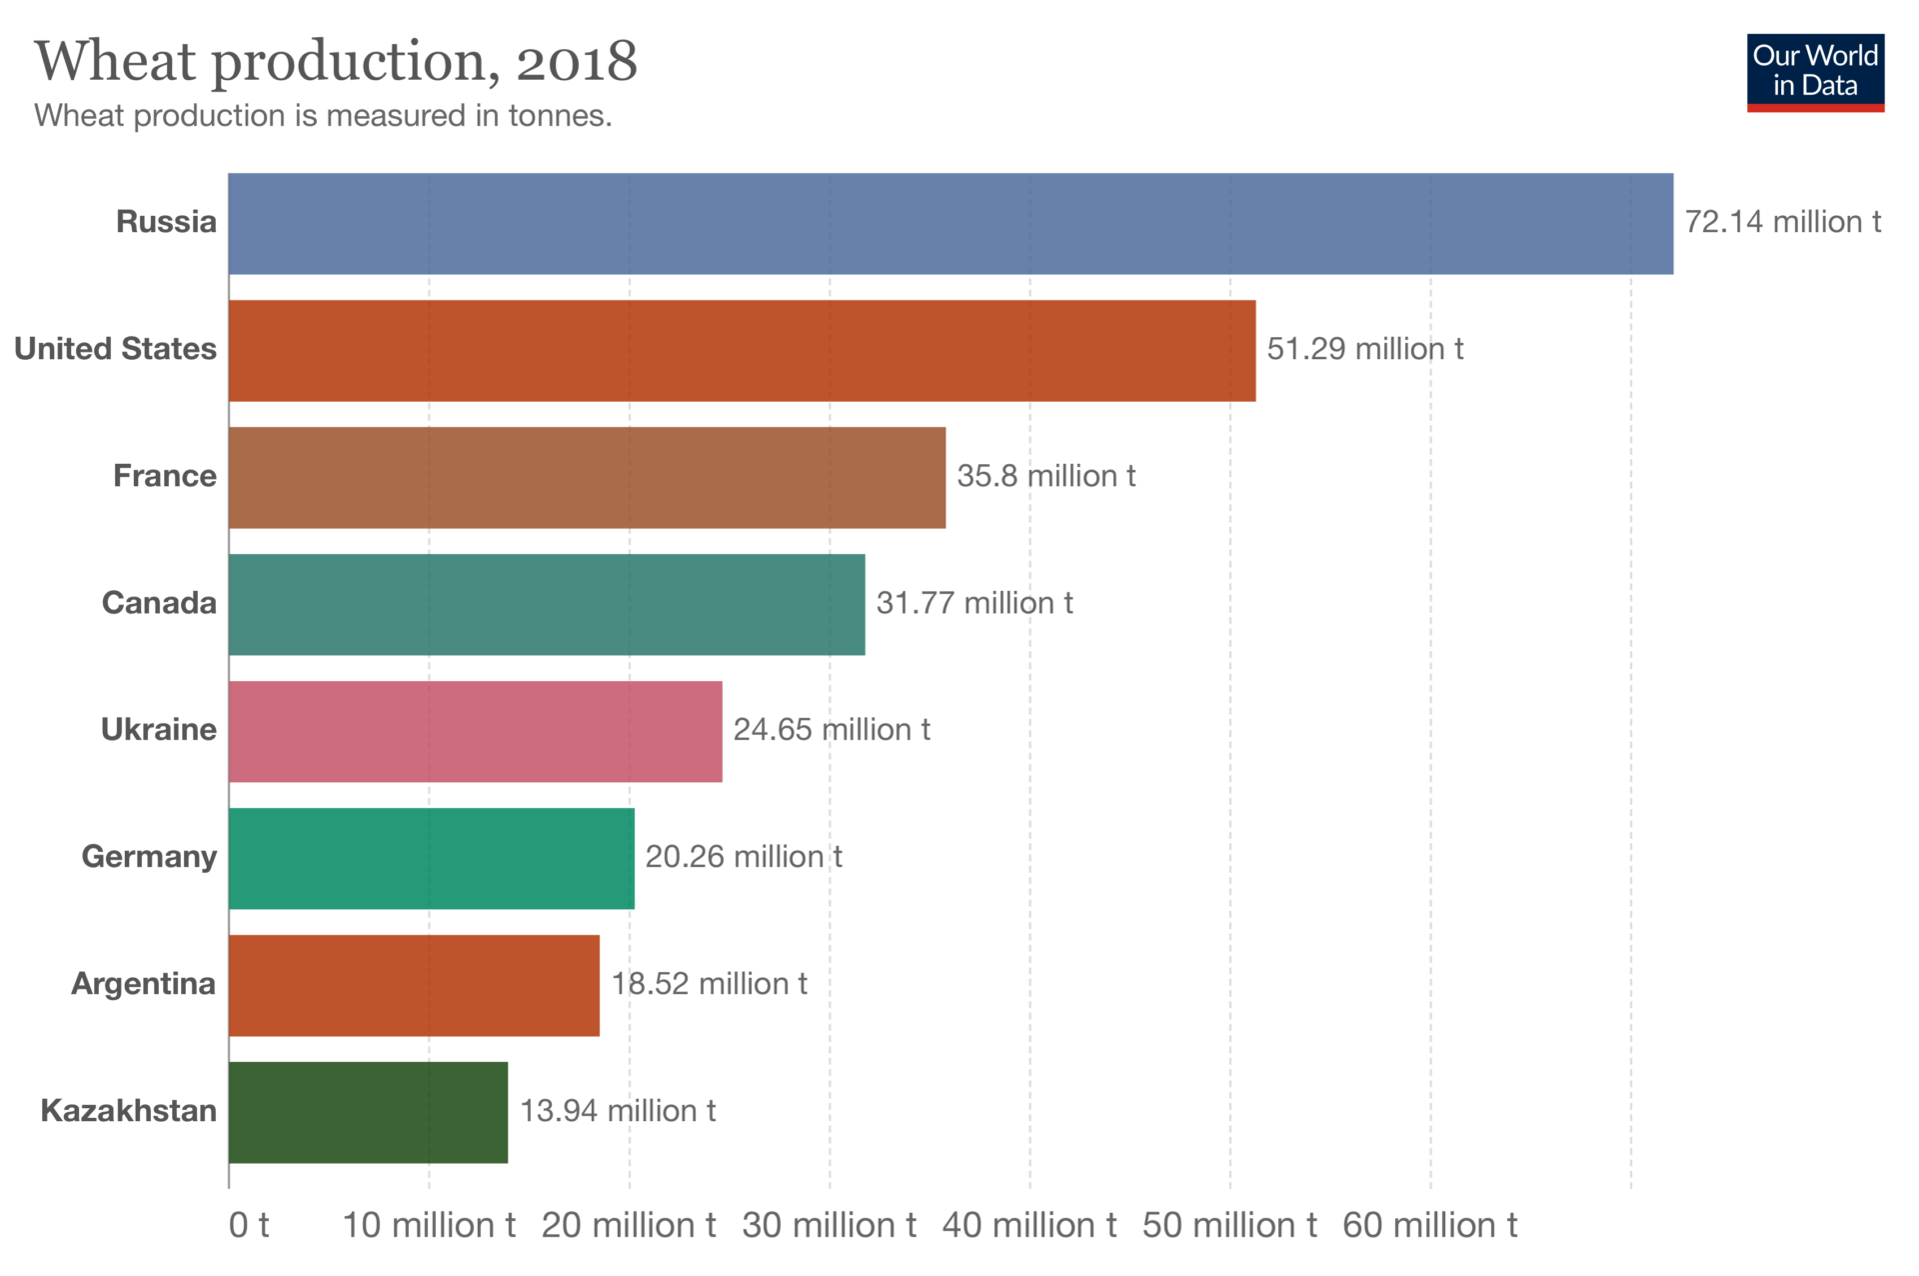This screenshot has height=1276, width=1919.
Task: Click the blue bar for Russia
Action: click(950, 224)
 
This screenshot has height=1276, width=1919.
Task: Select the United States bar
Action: click(742, 351)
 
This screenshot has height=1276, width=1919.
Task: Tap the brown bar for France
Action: click(587, 478)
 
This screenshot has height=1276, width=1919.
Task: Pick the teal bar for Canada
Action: click(547, 605)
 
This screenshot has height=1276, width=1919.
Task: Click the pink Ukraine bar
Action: click(475, 732)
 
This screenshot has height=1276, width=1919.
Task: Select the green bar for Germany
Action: click(431, 859)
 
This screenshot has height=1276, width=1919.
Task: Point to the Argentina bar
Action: click(414, 986)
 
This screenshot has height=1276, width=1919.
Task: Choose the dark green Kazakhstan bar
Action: click(368, 1113)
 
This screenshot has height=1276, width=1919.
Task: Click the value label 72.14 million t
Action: click(1782, 222)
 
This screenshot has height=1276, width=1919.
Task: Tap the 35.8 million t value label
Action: click(1045, 476)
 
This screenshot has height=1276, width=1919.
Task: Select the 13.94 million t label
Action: click(618, 1111)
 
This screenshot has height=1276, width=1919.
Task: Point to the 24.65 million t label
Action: click(832, 730)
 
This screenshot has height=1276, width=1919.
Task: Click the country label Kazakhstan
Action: click(128, 1111)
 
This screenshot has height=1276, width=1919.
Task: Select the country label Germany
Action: click(149, 857)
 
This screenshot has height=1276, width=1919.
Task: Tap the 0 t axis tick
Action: click(249, 1225)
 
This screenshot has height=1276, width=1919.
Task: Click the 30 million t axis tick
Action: click(829, 1225)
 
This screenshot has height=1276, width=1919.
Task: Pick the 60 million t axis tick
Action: click(1429, 1225)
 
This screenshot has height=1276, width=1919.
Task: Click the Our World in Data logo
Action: click(1815, 72)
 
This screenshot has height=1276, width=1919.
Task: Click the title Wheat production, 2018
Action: click(336, 62)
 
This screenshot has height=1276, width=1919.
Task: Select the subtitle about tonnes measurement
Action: click(323, 116)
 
